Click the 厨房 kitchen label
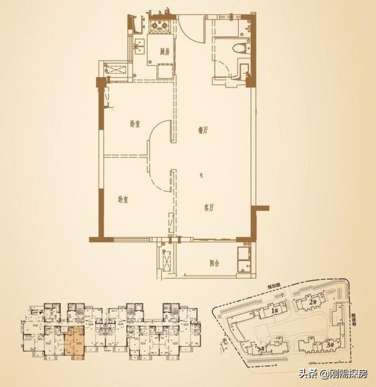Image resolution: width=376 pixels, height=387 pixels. coord(164,51)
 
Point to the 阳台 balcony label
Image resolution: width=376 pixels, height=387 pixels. coord(214,263)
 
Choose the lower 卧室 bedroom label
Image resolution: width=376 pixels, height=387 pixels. coord(122,199)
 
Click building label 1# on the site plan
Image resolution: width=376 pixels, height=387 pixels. coord(275,311)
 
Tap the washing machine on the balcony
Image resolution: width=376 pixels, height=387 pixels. coord(245,258)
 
